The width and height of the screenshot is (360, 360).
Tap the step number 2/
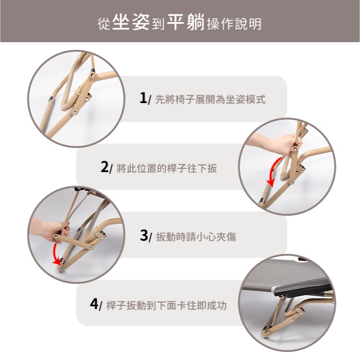pyautogui.click(x=106, y=167)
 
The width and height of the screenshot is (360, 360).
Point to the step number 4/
pyautogui.click(x=96, y=304)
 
